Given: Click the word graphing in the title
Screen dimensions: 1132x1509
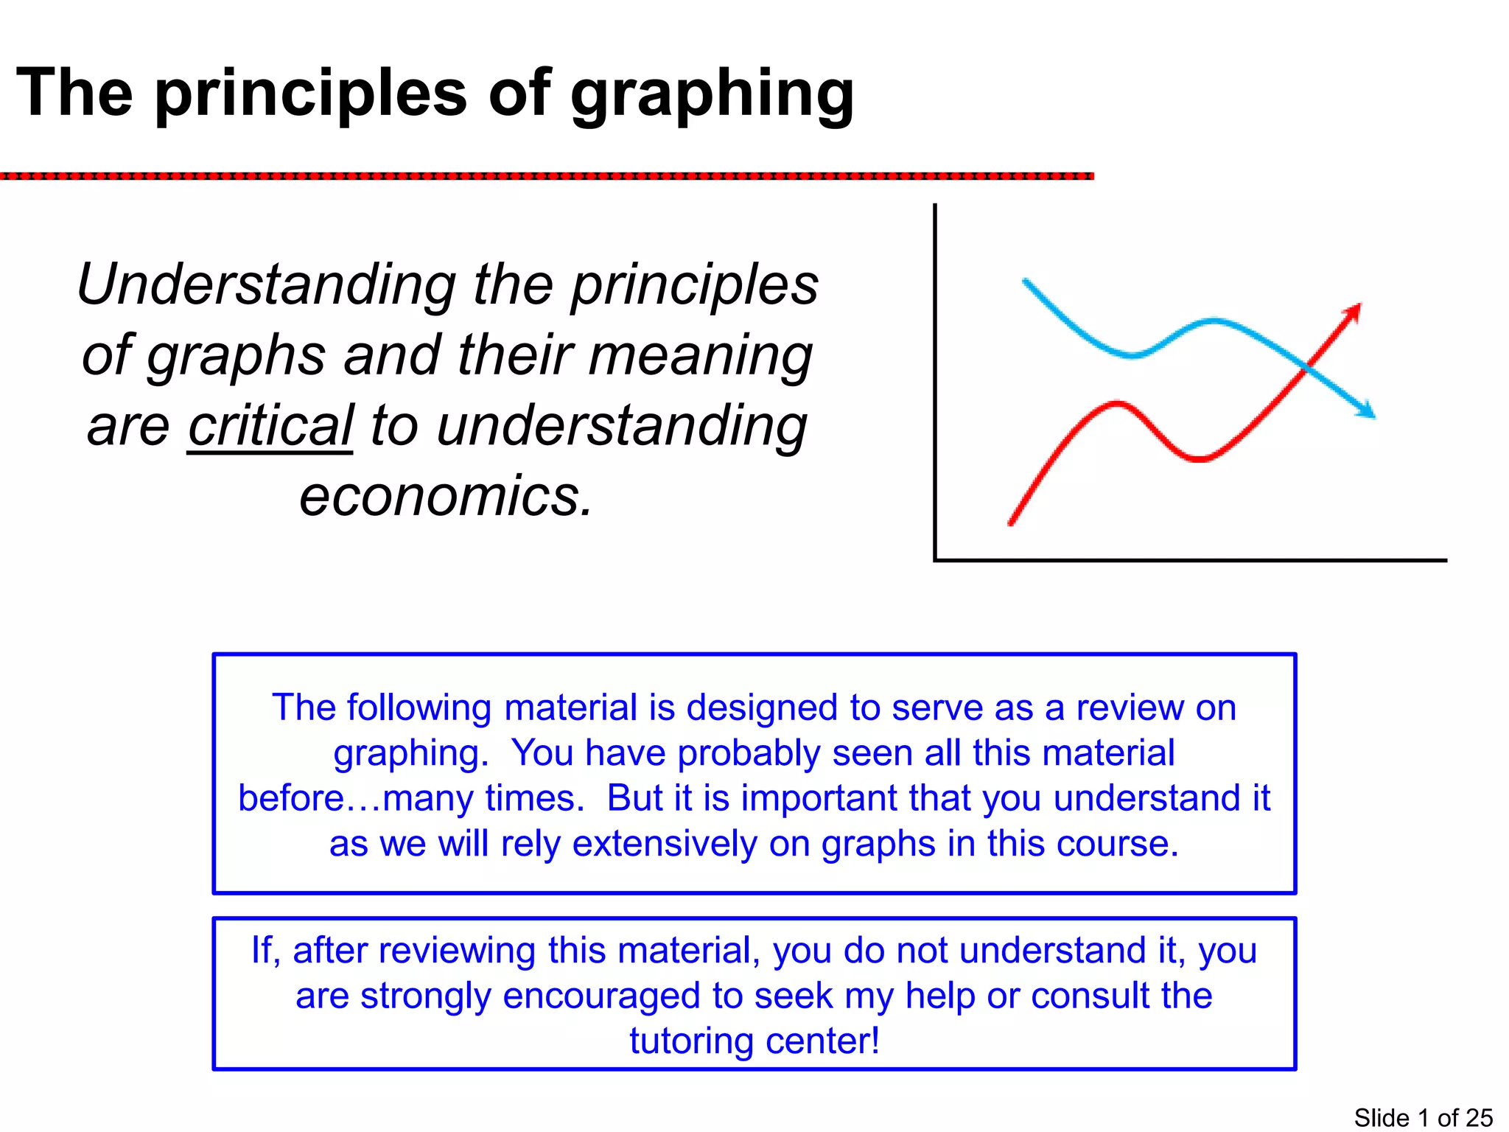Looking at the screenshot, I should point(712,94).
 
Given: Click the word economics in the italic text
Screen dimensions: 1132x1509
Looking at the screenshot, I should point(446,497).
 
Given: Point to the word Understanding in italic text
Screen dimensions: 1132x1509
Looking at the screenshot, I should point(267,284).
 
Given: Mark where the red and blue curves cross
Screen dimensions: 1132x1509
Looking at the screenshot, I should point(1306,366).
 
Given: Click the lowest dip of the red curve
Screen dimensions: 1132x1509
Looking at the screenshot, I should point(1200,459).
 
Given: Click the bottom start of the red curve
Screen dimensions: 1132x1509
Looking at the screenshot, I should point(1011,523).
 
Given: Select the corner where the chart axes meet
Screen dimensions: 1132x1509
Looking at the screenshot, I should point(935,560).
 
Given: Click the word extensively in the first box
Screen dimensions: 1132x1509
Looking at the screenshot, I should point(665,844).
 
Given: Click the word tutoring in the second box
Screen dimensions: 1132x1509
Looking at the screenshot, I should point(691,1041).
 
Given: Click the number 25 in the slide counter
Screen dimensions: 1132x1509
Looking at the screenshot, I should point(1479,1118).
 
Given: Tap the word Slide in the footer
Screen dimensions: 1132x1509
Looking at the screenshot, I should point(1381,1118).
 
